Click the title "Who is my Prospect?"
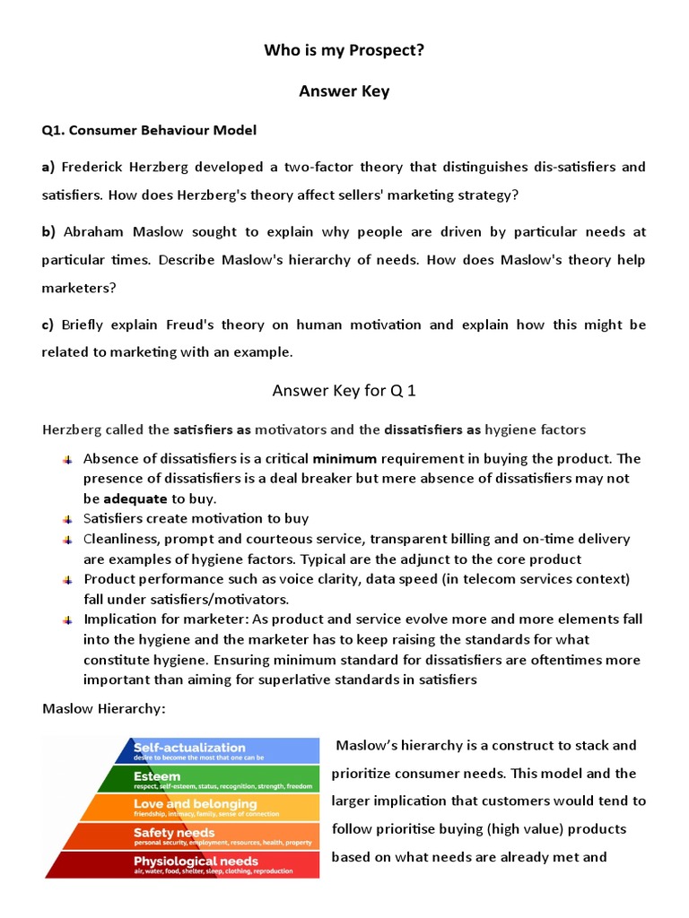pos(344,50)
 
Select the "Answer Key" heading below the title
pos(344,91)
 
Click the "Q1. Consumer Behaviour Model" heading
pos(149,130)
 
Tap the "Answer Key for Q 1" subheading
pos(344,391)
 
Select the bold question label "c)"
pos(48,325)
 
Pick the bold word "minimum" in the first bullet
pos(344,458)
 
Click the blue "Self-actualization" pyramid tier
pos(224,750)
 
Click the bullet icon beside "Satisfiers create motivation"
pos(67,519)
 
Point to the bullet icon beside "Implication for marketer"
pos(67,619)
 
